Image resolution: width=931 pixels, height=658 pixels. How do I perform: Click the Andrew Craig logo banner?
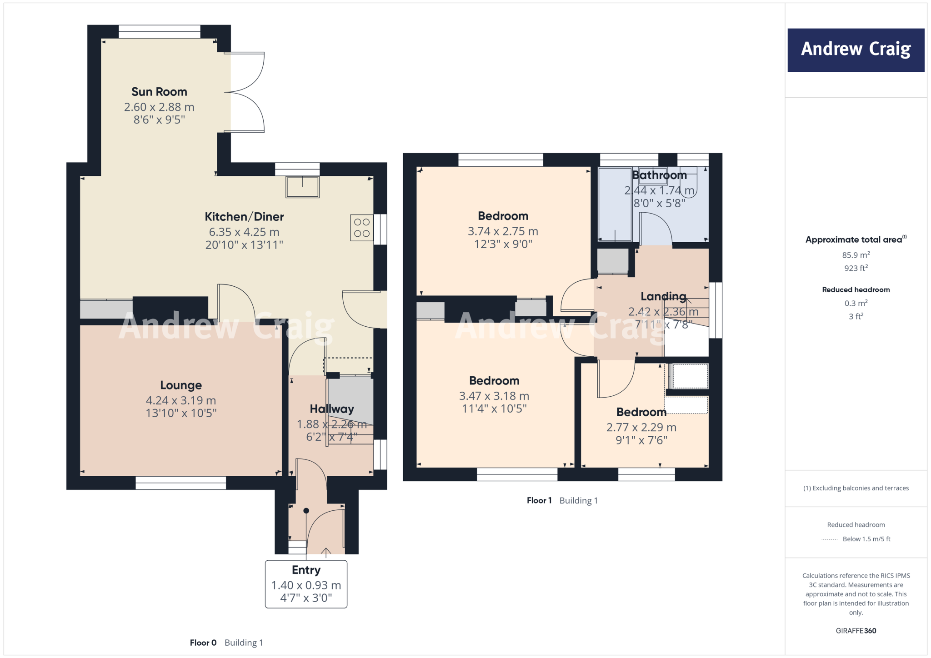pyautogui.click(x=856, y=50)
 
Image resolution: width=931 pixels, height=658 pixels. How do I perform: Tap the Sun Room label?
pyautogui.click(x=159, y=92)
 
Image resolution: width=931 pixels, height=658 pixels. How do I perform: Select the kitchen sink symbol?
pyautogui.click(x=302, y=187)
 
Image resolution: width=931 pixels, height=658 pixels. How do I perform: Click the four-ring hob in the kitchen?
pyautogui.click(x=362, y=228)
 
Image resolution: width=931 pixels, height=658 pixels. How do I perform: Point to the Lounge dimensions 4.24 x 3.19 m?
pyautogui.click(x=181, y=400)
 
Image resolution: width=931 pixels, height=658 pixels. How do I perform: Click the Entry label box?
pyautogui.click(x=306, y=584)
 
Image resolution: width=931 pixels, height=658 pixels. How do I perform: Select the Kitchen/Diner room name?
pyautogui.click(x=244, y=217)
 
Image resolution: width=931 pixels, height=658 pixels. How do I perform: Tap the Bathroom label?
pyautogui.click(x=659, y=175)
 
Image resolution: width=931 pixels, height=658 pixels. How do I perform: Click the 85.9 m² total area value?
pyautogui.click(x=856, y=255)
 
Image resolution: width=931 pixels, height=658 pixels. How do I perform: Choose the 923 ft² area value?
pyautogui.click(x=856, y=268)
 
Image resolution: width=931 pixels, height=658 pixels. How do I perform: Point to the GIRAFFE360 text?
pyautogui.click(x=856, y=631)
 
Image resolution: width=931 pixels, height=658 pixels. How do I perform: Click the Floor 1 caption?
pyautogui.click(x=539, y=500)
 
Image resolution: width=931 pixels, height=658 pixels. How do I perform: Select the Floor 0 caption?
pyautogui.click(x=203, y=643)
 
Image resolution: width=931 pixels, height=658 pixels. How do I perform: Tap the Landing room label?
pyautogui.click(x=663, y=296)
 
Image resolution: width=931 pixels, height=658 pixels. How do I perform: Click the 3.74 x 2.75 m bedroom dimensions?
pyautogui.click(x=503, y=231)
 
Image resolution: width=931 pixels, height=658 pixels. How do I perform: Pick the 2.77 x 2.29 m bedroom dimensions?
pyautogui.click(x=641, y=427)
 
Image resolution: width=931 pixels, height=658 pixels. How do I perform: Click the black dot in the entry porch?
pyautogui.click(x=306, y=511)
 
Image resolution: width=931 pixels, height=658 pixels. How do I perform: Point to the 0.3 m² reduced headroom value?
pyautogui.click(x=856, y=303)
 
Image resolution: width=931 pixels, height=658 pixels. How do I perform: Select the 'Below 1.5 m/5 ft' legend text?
pyautogui.click(x=866, y=539)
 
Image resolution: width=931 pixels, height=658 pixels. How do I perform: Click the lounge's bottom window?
pyautogui.click(x=181, y=483)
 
